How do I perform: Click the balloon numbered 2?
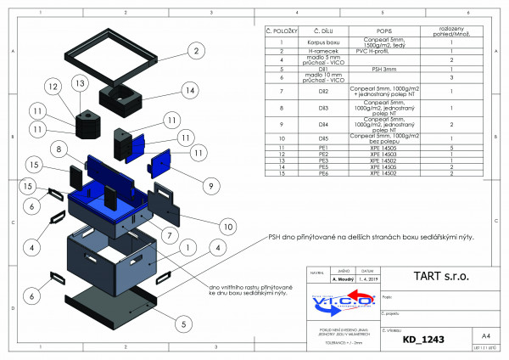click(195, 52)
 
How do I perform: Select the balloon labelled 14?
click(189, 90)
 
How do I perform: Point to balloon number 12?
click(52, 87)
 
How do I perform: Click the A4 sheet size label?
click(485, 336)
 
